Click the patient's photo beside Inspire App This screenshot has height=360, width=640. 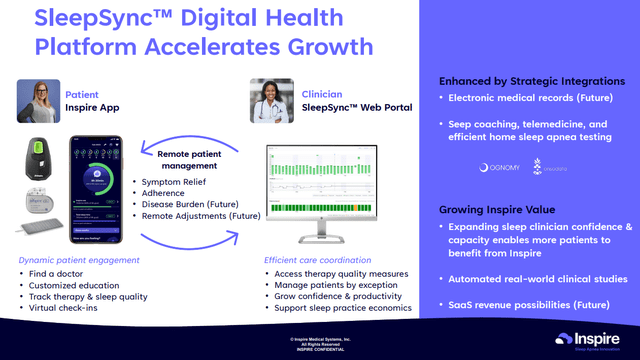[x=38, y=101]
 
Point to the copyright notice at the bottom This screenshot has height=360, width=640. [x=320, y=344]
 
